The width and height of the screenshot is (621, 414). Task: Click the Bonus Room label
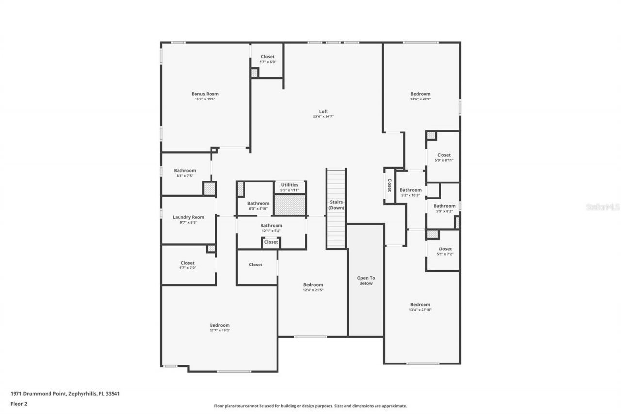[x=205, y=94]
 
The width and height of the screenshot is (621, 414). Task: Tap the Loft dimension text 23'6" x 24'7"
[x=323, y=116]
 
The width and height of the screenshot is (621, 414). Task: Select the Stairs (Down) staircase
[x=336, y=209]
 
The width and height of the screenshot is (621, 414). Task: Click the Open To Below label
[x=366, y=281]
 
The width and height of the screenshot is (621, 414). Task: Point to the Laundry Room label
[x=188, y=217]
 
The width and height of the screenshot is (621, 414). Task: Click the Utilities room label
[x=290, y=185]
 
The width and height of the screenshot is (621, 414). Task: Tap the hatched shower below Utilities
[x=290, y=204]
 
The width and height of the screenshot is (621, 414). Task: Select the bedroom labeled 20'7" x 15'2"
[x=220, y=328]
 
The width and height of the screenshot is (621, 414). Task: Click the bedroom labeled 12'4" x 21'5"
[x=313, y=287]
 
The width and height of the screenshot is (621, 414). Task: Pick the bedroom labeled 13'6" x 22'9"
[x=420, y=96]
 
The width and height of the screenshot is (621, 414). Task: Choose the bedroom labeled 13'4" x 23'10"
[x=420, y=307]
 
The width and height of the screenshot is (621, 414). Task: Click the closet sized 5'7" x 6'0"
[x=267, y=59]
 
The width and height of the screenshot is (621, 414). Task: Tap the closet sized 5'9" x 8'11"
[x=443, y=157]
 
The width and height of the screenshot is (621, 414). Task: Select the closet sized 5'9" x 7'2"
[x=444, y=251]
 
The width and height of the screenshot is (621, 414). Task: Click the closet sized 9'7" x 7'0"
[x=187, y=265]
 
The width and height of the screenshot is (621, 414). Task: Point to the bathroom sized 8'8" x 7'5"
[x=185, y=173]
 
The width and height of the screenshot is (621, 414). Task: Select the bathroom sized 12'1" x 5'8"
[x=271, y=228]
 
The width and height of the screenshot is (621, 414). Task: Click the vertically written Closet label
[x=389, y=185]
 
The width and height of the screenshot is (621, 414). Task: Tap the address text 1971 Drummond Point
[x=65, y=394]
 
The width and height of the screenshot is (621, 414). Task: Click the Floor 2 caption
[x=18, y=403]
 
